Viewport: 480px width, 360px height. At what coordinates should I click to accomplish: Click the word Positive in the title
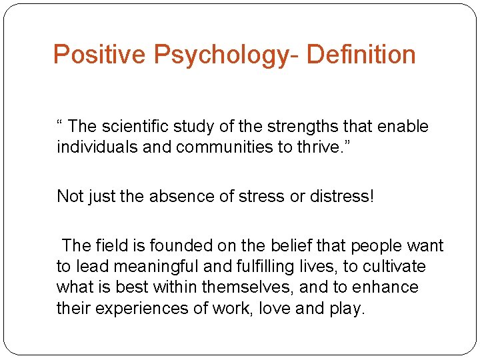pyautogui.click(x=99, y=55)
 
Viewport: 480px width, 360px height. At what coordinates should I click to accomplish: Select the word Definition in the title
pyautogui.click(x=361, y=55)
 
